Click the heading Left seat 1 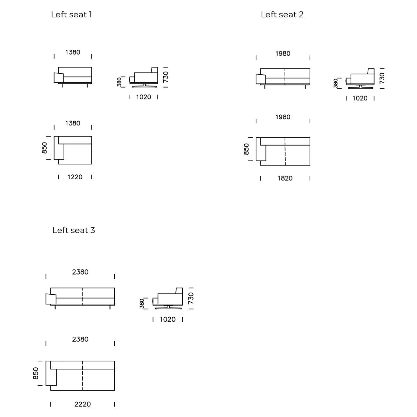tap(71, 15)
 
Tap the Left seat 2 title tap(282, 15)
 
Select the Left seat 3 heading tap(73, 230)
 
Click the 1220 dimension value tap(75, 177)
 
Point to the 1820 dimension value tap(285, 179)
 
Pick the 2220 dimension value tap(82, 404)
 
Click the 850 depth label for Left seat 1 tap(44, 148)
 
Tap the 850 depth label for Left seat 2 tap(246, 149)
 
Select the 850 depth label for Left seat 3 tap(36, 374)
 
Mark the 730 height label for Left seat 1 tap(165, 77)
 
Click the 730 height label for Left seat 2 tap(382, 78)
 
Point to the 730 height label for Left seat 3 tap(191, 298)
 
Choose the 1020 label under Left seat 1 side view tap(144, 97)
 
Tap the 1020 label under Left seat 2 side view tap(360, 99)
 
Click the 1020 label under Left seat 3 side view tap(167, 320)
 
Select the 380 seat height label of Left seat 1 tap(119, 82)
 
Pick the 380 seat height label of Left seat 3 tap(142, 303)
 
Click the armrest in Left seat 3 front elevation tap(51, 299)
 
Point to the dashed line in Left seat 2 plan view tap(285, 152)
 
